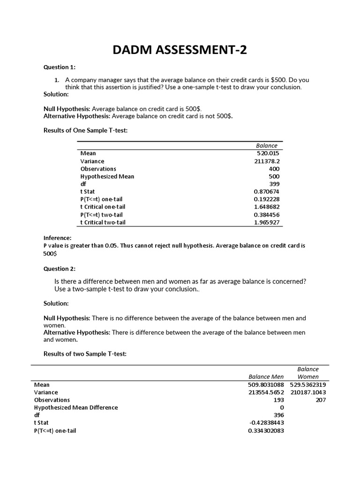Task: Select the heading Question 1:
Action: (x=60, y=67)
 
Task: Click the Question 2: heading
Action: (x=60, y=269)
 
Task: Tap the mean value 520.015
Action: (x=268, y=153)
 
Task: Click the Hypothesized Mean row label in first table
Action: (x=107, y=176)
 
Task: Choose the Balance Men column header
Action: (x=266, y=376)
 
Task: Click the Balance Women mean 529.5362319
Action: (x=308, y=384)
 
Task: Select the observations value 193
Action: (x=279, y=400)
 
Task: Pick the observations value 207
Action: (x=321, y=400)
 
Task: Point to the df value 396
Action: (x=279, y=415)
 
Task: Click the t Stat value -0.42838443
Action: (x=266, y=423)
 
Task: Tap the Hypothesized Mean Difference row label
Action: (x=76, y=407)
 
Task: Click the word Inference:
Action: (x=58, y=238)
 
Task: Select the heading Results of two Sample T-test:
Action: (x=85, y=354)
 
